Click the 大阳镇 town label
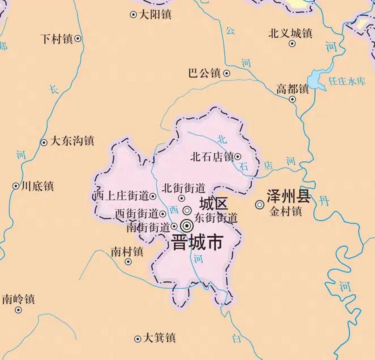click(155, 14)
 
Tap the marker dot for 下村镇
click(78, 39)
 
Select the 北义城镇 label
click(290, 33)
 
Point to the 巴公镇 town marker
click(227, 73)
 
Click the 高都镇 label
click(292, 89)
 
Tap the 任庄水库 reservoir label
click(347, 82)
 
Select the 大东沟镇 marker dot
click(44, 143)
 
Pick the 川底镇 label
click(37, 186)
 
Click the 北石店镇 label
click(212, 157)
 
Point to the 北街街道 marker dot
click(182, 198)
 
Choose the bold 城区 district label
click(214, 203)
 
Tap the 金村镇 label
click(285, 211)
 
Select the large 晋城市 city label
click(197, 242)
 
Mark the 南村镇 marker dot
click(128, 262)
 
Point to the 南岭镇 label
click(19, 299)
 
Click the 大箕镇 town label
click(159, 338)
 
